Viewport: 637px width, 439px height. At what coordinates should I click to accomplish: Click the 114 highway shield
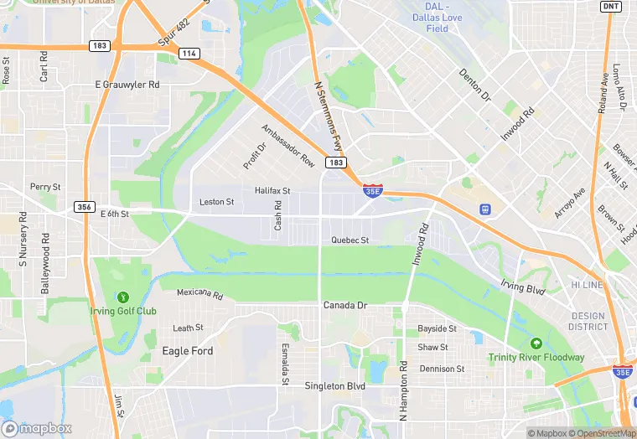coord(189,53)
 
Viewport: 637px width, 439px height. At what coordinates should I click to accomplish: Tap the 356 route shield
coord(84,207)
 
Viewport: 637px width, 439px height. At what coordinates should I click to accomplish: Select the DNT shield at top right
coord(610,6)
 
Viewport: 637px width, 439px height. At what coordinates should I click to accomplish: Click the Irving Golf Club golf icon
coord(123,296)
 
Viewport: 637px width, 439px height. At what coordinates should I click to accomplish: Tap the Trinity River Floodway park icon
coord(536,343)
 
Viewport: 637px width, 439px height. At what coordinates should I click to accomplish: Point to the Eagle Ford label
coord(188,351)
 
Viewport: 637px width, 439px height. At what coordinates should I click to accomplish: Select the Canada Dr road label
coord(345,306)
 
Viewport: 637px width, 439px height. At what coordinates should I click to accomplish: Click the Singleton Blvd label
coord(336,386)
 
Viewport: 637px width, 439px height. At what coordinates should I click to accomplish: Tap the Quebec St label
coord(350,240)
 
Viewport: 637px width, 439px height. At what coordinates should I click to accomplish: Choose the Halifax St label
coord(272,191)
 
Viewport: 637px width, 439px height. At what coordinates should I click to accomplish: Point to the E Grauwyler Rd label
coord(127,85)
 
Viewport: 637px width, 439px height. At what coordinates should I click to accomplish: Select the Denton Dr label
coord(474,85)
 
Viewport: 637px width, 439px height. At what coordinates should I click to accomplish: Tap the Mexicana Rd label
coord(199,294)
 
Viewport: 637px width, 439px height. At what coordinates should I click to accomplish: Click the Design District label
coord(588,322)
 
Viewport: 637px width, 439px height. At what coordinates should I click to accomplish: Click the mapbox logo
coord(36,428)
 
